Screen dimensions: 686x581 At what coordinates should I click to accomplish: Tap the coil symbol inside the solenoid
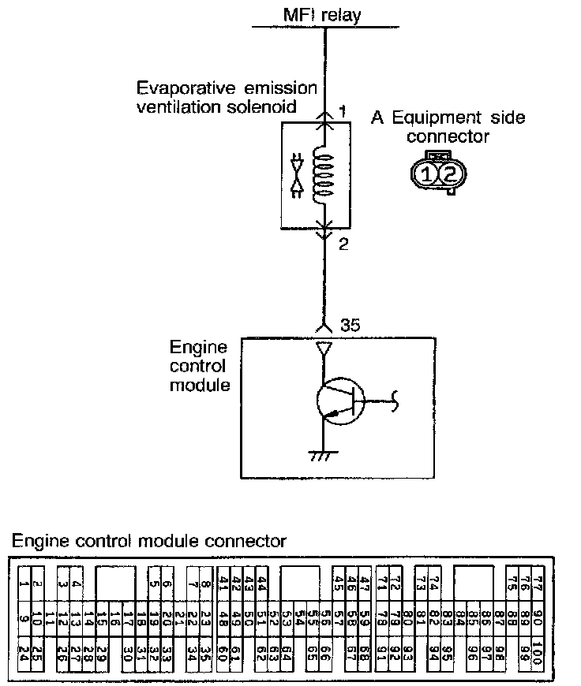[x=324, y=174]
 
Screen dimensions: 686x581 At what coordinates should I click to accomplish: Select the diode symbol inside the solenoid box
[x=298, y=176]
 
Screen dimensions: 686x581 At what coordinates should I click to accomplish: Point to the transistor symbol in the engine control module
[x=341, y=403]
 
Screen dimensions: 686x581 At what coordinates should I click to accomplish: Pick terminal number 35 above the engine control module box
[x=350, y=324]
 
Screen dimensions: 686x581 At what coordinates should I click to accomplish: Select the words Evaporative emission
[x=227, y=88]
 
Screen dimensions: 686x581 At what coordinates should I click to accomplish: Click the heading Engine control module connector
[x=148, y=541]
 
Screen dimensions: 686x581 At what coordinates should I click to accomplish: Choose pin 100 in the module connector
[x=537, y=653]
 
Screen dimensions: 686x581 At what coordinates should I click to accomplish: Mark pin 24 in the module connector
[x=24, y=653]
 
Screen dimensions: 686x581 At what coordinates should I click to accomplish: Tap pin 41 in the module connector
[x=223, y=584]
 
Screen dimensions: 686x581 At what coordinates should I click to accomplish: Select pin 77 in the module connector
[x=538, y=584]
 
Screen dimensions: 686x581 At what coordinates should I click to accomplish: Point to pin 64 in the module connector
[x=287, y=653]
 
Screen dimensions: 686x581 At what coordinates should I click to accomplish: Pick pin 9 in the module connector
[x=24, y=618]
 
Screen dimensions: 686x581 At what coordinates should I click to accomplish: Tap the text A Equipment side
[x=448, y=118]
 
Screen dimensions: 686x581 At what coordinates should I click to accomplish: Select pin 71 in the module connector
[x=382, y=584]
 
